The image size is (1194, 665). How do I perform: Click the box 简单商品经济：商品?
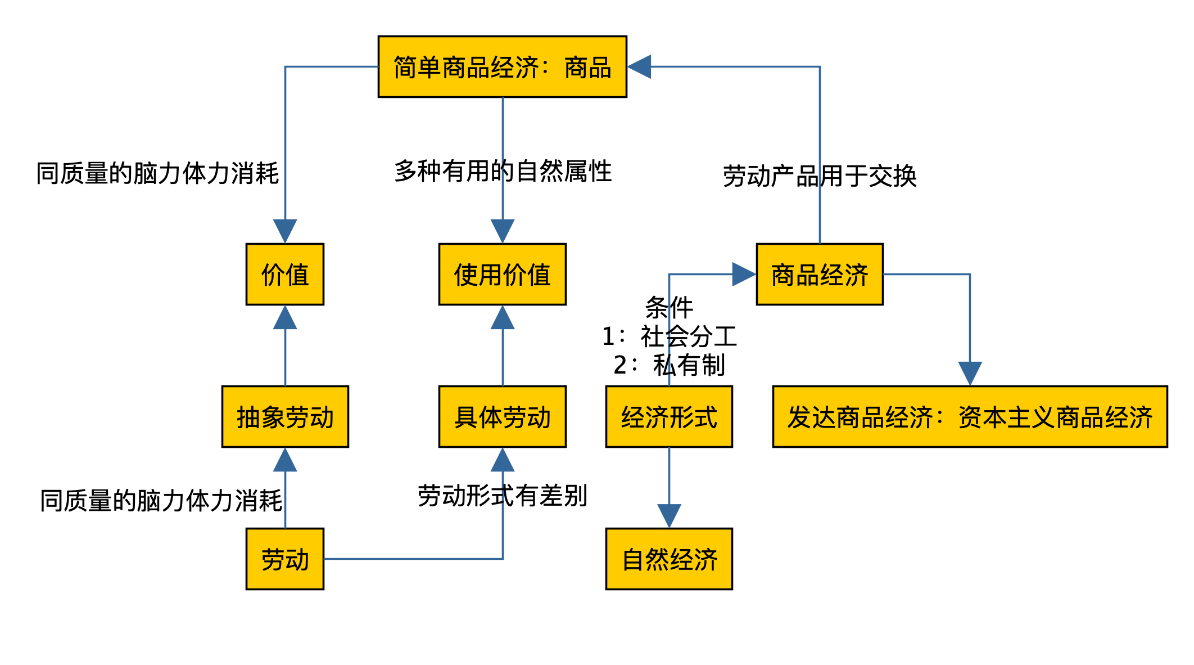[502, 67]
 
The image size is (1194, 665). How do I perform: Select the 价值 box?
[285, 275]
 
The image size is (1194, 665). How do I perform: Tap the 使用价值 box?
[502, 275]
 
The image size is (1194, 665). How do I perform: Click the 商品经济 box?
[820, 275]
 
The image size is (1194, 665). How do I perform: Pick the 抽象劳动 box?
[285, 417]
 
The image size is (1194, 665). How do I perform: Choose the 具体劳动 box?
[502, 417]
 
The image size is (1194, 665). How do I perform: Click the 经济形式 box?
[669, 417]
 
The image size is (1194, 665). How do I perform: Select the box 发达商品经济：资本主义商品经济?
[970, 417]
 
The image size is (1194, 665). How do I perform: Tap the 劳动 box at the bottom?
[285, 559]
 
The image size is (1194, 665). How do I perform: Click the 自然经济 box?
[669, 559]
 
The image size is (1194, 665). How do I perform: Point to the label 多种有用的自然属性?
[503, 171]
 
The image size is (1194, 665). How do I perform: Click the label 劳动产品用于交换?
[820, 176]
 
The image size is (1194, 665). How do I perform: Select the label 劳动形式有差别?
[503, 496]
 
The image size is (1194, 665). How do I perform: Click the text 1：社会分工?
[669, 336]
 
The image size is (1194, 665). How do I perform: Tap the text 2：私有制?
[669, 365]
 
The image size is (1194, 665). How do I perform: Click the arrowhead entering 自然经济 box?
[669, 515]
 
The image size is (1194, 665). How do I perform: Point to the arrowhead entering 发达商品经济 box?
[970, 373]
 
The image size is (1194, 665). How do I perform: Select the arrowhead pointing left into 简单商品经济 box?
[640, 67]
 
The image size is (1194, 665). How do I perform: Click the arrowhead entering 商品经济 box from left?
[743, 275]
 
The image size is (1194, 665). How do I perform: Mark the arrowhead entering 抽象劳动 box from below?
[285, 460]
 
